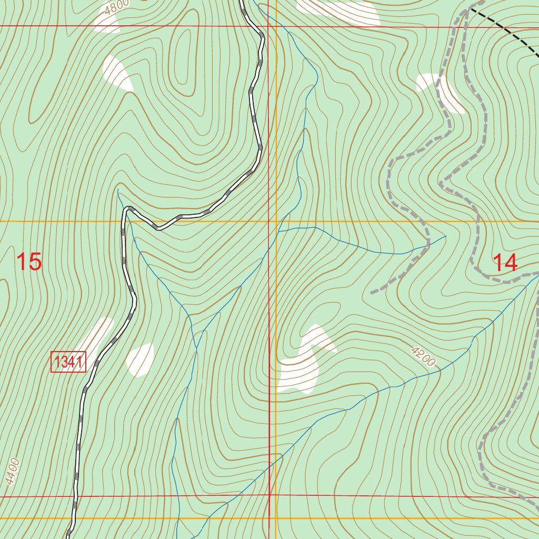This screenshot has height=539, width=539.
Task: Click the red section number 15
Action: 29,262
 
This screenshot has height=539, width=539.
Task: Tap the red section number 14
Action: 506,262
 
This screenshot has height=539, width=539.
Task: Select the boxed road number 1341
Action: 68,362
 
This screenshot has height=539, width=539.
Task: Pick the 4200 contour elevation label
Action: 422,356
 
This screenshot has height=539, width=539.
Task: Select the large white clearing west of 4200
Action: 303,363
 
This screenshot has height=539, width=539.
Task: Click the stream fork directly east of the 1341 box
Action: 196,347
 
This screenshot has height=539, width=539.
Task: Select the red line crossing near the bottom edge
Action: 269,496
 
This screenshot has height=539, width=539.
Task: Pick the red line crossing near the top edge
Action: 268,26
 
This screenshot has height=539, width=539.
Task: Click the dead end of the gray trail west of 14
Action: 372,292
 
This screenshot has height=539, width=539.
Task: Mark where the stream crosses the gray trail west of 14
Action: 427,245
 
